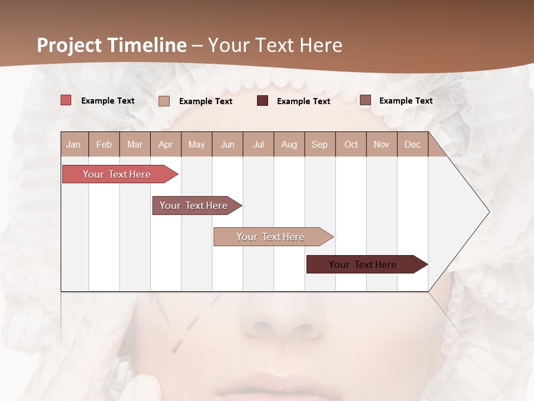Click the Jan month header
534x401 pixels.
[74, 144]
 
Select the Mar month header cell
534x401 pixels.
[135, 144]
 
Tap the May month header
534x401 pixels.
[196, 144]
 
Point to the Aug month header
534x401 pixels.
[289, 144]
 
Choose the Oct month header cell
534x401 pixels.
[350, 144]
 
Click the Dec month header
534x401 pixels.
[412, 144]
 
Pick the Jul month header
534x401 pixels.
[258, 144]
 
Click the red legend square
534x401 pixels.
[66, 100]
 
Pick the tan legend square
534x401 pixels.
[164, 101]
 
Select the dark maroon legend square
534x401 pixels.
[263, 101]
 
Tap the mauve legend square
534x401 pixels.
[365, 100]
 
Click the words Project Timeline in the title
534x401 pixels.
[111, 45]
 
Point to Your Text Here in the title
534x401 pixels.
[275, 45]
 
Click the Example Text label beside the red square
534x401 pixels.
[108, 101]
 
